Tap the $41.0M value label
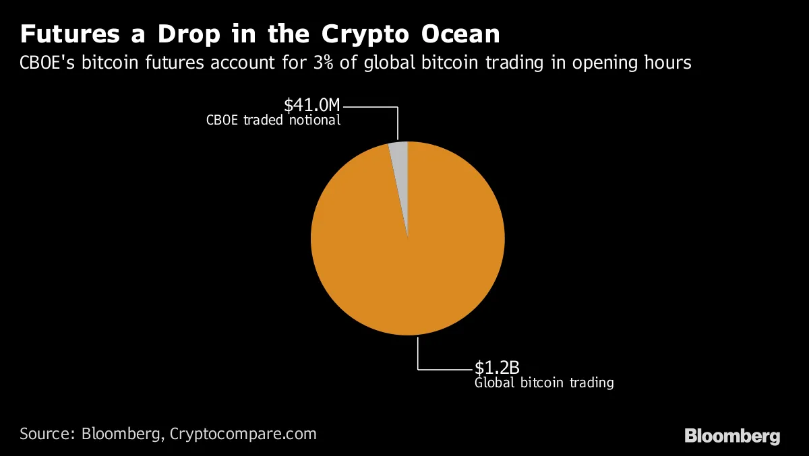[312, 105]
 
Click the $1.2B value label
[497, 368]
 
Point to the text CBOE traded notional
[273, 121]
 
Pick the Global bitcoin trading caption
[544, 383]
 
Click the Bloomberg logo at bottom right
[732, 436]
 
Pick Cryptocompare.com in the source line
[243, 434]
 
